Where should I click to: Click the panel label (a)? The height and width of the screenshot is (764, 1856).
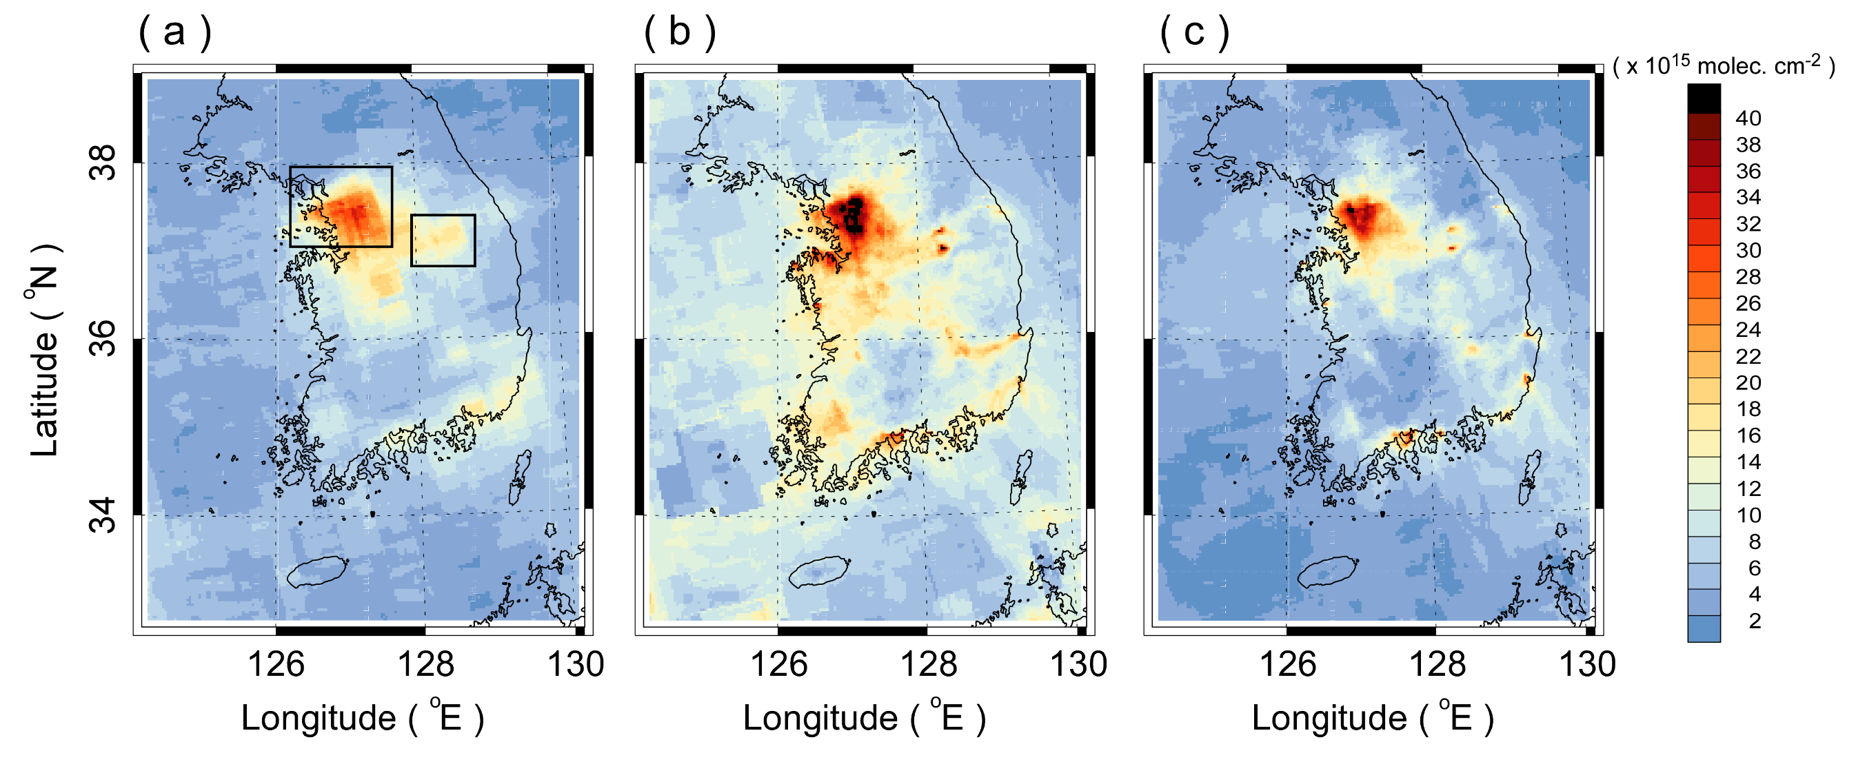click(x=174, y=33)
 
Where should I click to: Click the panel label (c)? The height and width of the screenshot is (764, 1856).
click(x=1194, y=33)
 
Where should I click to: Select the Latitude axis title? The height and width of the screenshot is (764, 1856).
click(x=45, y=351)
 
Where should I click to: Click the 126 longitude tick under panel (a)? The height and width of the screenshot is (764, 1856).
click(x=276, y=664)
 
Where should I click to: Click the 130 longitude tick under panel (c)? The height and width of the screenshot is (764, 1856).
click(x=1587, y=664)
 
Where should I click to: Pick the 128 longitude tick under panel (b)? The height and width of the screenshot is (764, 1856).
click(x=928, y=664)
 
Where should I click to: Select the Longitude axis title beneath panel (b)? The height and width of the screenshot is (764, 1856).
click(x=864, y=718)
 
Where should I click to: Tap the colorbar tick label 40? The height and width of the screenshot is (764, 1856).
click(x=1748, y=118)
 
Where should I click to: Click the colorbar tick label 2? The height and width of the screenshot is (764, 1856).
click(x=1755, y=621)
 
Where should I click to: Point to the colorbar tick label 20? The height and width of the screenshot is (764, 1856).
click(x=1748, y=382)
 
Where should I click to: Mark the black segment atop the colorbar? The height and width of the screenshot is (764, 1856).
click(x=1703, y=98)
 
